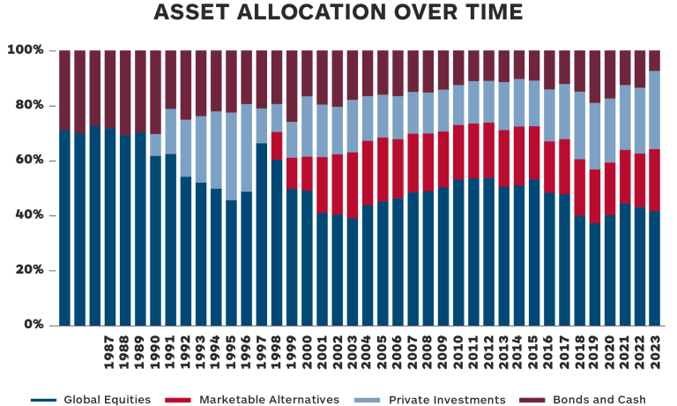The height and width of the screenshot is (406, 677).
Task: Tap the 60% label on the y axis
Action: click(x=28, y=161)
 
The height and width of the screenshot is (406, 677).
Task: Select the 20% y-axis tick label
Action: click(x=28, y=270)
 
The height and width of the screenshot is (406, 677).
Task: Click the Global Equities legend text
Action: click(x=102, y=400)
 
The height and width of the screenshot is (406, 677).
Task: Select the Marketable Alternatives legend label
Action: click(x=269, y=400)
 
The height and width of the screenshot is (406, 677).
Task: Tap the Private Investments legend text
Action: click(x=450, y=400)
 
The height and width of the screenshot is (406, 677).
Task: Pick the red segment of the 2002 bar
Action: click(x=337, y=184)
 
